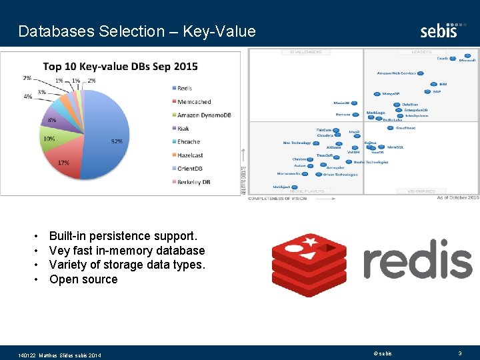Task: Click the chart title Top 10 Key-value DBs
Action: [x=120, y=67]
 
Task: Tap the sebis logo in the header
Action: [x=439, y=30]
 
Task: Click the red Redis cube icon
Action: [x=309, y=265]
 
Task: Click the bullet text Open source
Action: [x=83, y=279]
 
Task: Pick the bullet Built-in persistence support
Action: [x=123, y=236]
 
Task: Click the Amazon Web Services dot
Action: [x=419, y=73]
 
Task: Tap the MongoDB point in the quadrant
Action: [x=376, y=93]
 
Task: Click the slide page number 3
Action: [x=459, y=353]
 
